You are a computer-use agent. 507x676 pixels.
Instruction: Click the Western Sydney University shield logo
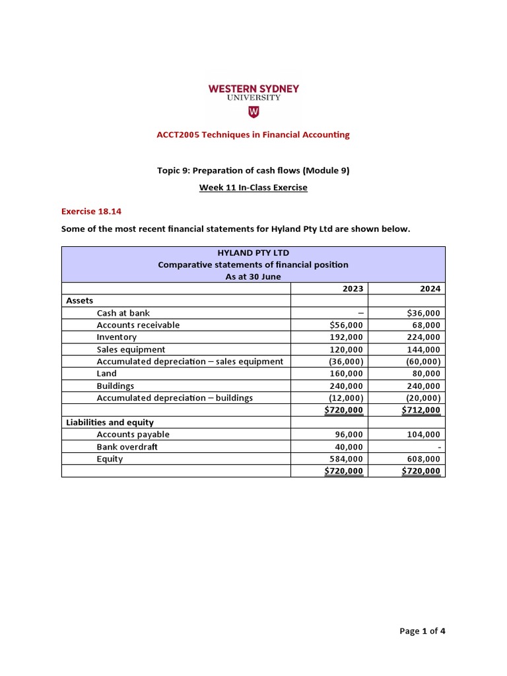point(253,112)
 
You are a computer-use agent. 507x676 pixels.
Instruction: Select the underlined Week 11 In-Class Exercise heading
point(253,187)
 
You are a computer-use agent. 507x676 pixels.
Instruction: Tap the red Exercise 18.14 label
point(91,212)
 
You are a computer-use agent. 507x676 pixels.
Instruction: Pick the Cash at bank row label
point(127,313)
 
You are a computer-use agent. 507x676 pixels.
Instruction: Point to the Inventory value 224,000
point(424,337)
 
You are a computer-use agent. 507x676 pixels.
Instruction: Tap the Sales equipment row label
point(131,349)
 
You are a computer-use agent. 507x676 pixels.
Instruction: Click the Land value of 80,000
point(426,373)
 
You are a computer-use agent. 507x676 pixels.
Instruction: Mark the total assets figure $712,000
point(421,410)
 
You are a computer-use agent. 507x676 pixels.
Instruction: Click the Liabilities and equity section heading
point(110,422)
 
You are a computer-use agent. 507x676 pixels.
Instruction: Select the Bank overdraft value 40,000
point(349,446)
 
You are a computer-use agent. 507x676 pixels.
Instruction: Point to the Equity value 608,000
point(424,459)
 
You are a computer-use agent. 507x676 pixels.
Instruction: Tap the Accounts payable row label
point(133,434)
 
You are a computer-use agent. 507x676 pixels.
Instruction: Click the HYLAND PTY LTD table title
point(253,253)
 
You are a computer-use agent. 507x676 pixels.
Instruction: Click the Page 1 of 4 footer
point(422,631)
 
